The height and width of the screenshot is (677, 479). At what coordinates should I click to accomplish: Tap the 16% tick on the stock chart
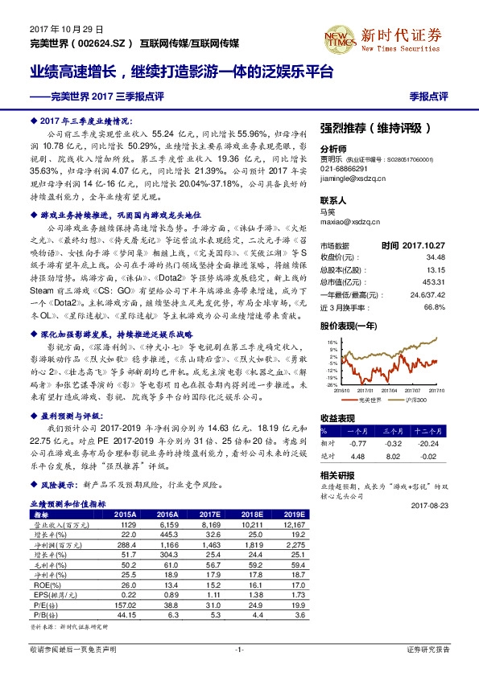click(330, 342)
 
